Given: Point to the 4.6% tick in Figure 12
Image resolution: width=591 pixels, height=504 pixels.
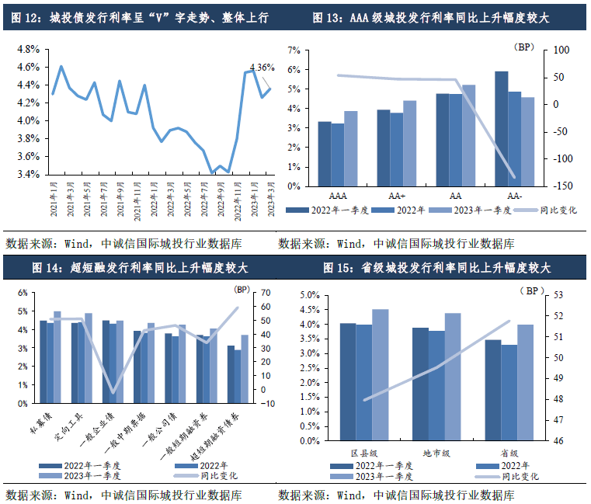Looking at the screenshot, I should click(x=28, y=67).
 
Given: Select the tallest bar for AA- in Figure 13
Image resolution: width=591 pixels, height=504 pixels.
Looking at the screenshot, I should click(x=502, y=128).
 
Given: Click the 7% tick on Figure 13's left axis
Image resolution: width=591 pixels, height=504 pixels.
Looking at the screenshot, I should click(x=294, y=50).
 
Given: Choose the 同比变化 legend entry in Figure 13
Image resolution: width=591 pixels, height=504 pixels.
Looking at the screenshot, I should click(x=558, y=210).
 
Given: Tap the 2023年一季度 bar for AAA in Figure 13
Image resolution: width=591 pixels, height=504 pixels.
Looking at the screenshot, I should click(x=351, y=148).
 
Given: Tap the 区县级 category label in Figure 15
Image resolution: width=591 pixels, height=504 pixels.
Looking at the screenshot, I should click(x=363, y=452).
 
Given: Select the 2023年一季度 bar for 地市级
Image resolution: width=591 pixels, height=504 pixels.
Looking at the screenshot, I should click(x=453, y=377).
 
